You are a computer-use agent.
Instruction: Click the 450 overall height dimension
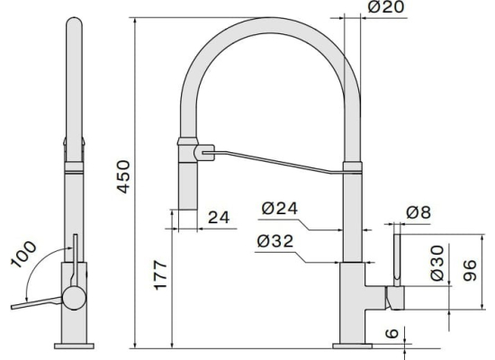(123, 176)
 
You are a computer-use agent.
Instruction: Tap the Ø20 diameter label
(386, 7)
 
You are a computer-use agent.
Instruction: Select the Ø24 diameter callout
(280, 209)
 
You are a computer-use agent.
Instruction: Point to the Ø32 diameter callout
(275, 241)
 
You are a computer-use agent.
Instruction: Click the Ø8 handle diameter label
(418, 212)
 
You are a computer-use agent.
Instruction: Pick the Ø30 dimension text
(437, 263)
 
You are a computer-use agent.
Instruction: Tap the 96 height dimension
(470, 270)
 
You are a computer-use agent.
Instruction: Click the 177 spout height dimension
(160, 274)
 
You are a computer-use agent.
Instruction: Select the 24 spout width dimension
(219, 217)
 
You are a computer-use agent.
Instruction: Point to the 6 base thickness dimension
(392, 333)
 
